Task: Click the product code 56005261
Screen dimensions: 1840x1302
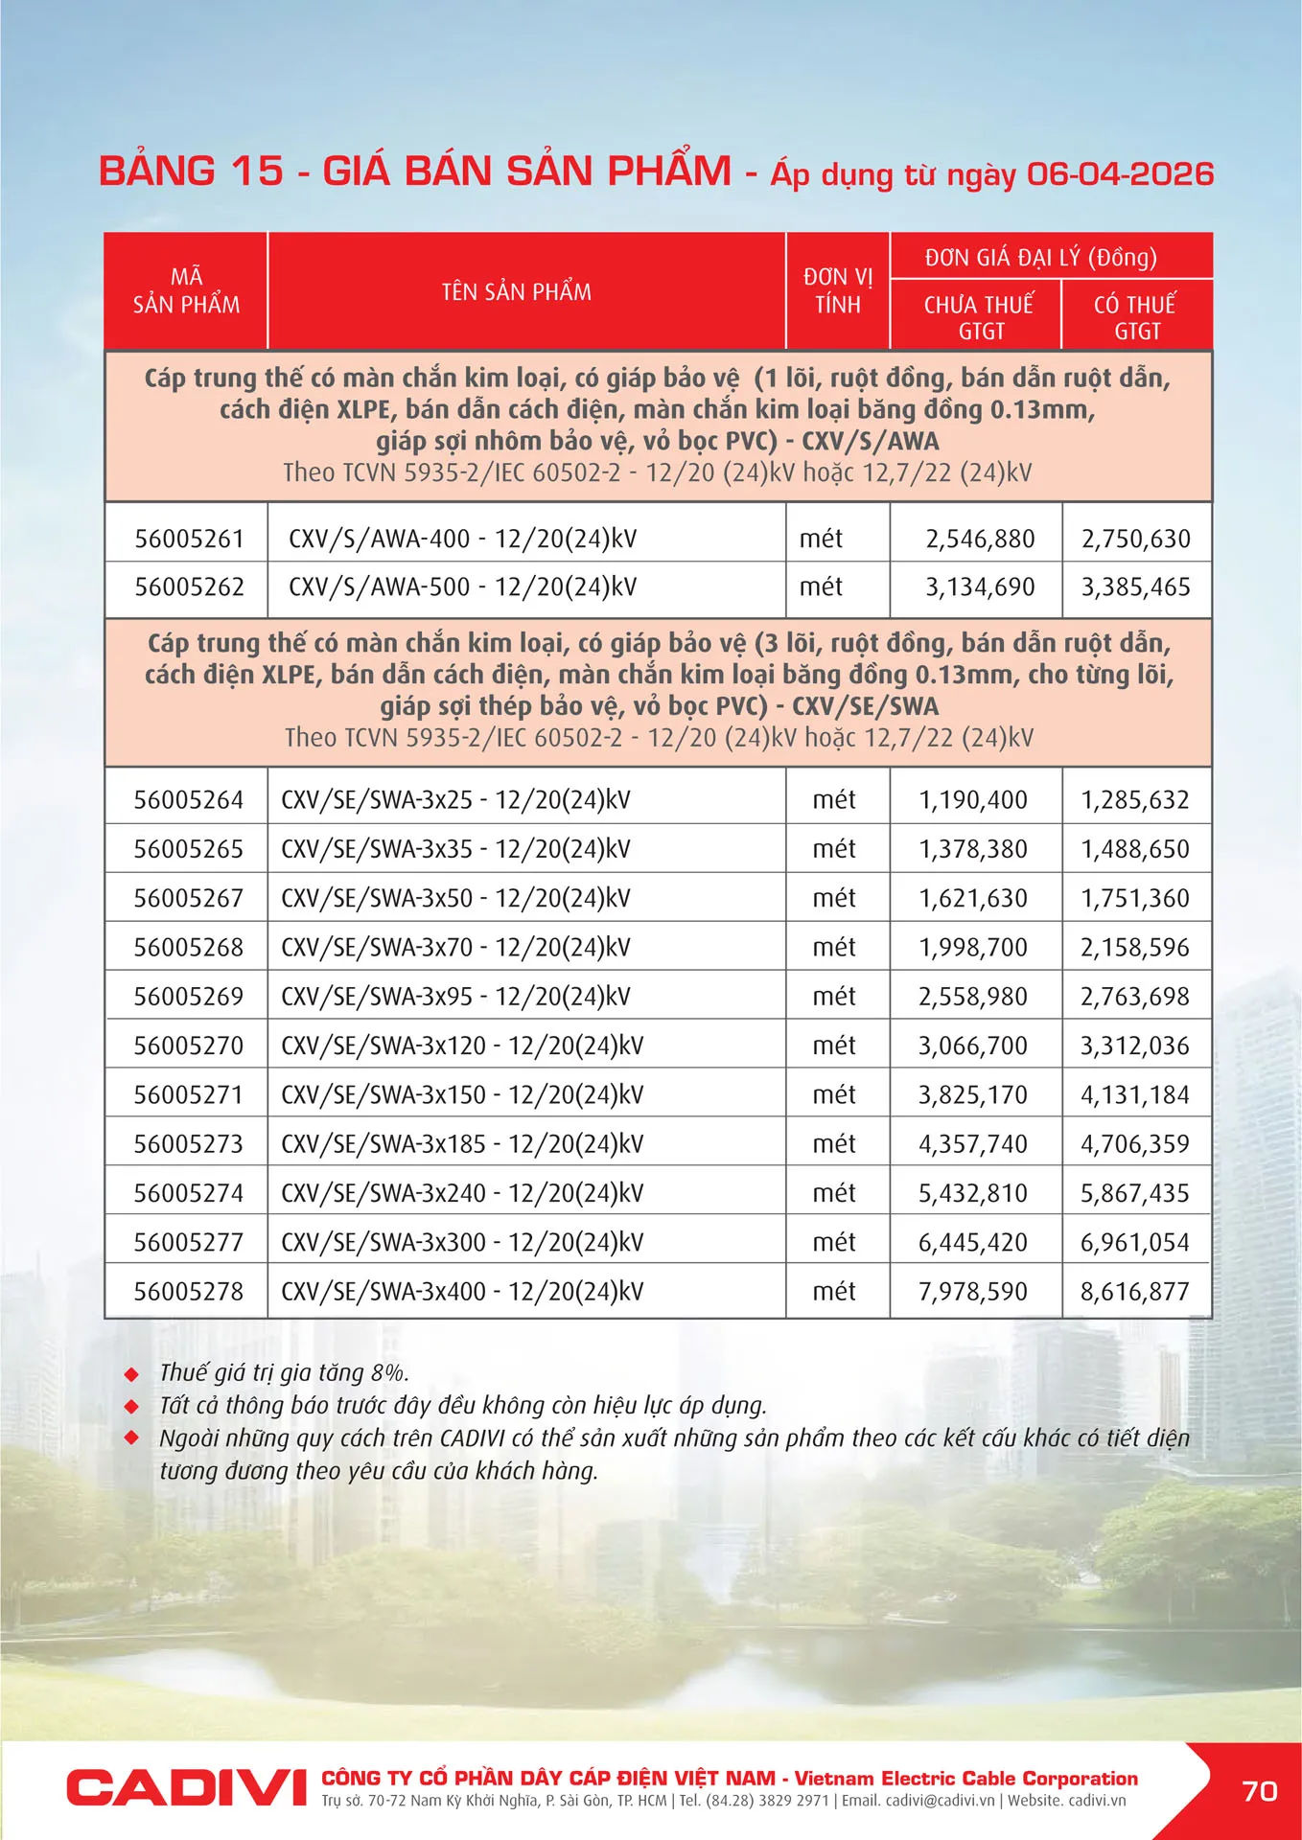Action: [x=189, y=539]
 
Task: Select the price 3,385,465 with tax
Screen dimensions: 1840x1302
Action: [x=1135, y=586]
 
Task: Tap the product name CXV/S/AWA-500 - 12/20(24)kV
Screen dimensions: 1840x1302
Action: [x=462, y=586]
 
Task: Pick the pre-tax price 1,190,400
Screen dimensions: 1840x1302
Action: [x=972, y=799]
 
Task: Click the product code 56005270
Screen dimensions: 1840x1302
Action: [x=188, y=1046]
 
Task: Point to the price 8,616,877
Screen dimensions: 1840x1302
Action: [x=1134, y=1291]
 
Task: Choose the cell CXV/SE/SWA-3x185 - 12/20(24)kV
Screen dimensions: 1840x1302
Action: [x=462, y=1143]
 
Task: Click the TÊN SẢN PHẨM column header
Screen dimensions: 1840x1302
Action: [x=516, y=291]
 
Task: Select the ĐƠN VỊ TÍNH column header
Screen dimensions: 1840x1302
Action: [x=837, y=290]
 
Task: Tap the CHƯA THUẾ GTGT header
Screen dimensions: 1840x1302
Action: [x=978, y=317]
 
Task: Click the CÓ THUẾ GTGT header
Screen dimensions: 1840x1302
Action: [x=1135, y=317]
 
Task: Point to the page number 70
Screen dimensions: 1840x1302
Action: [x=1259, y=1790]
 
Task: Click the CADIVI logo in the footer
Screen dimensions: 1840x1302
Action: [x=185, y=1788]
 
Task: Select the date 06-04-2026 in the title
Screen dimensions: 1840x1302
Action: [x=1119, y=173]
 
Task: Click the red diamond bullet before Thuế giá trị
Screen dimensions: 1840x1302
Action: [x=132, y=1374]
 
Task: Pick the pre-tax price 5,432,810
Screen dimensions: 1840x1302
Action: [x=972, y=1193]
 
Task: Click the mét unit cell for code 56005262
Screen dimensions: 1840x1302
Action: [x=821, y=586]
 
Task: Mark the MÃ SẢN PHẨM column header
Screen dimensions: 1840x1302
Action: [x=186, y=290]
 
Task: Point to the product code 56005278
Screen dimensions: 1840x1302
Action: [x=188, y=1291]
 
